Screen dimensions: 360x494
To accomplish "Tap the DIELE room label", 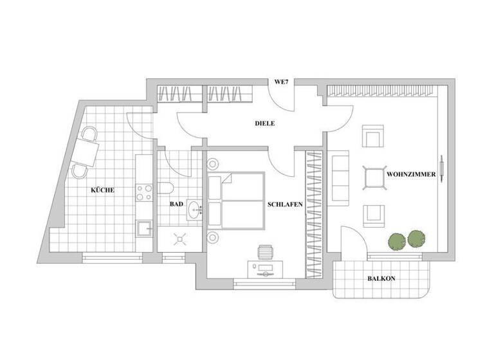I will (x=264, y=123).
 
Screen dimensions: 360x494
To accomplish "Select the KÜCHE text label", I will (x=102, y=190).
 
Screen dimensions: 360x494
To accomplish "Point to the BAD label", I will (x=176, y=204).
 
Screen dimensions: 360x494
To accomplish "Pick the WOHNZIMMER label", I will (x=412, y=174).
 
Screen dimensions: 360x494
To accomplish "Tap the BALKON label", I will (x=381, y=279).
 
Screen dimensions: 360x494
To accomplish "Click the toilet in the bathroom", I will (x=167, y=188).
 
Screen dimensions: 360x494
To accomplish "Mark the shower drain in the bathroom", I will (x=179, y=240).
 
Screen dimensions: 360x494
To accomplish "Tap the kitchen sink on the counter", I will (x=143, y=228).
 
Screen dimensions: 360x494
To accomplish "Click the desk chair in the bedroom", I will (x=265, y=251).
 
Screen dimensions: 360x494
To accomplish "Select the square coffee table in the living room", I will (x=374, y=177).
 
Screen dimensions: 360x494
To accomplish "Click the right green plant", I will (x=416, y=239).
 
